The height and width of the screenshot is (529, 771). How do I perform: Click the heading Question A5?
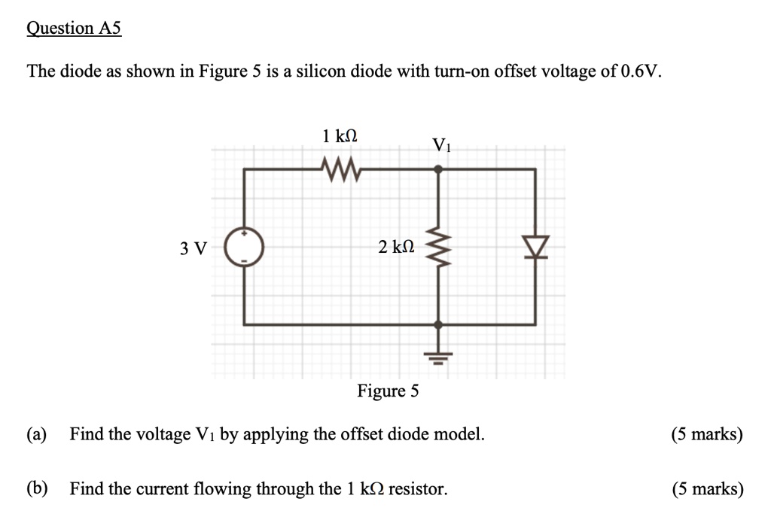tap(73, 29)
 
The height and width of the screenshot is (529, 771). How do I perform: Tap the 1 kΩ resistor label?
tap(339, 137)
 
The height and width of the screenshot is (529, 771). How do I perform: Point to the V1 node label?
tap(441, 145)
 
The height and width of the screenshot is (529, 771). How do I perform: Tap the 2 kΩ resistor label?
tap(396, 248)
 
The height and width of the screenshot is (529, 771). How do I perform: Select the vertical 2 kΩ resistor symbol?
tap(438, 248)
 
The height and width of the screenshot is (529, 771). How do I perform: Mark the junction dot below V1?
tap(439, 170)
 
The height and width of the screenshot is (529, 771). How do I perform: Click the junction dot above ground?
tap(439, 324)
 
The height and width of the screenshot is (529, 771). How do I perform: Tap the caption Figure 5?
tap(388, 392)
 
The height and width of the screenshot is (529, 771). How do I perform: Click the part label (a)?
tap(36, 435)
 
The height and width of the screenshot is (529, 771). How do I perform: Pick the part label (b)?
tap(36, 489)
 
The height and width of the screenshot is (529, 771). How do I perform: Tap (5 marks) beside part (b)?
tap(708, 489)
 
